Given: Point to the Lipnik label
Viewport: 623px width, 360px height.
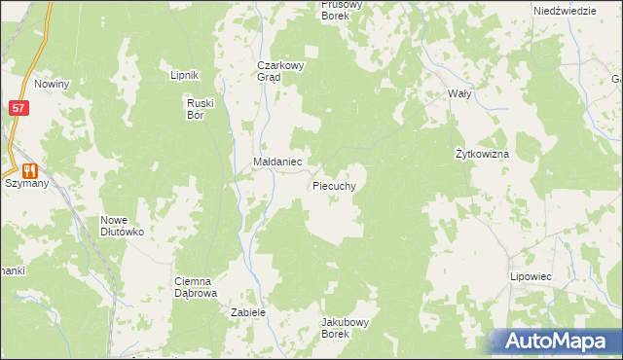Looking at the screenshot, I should pyautogui.click(x=184, y=75).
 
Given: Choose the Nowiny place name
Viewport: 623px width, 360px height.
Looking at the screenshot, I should pyautogui.click(x=51, y=85).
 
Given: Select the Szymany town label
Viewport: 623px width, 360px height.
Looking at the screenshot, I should pyautogui.click(x=26, y=183).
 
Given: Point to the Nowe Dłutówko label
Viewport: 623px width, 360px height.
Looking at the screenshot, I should pyautogui.click(x=122, y=227).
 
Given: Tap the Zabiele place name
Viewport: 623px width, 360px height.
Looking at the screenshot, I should pyautogui.click(x=247, y=312).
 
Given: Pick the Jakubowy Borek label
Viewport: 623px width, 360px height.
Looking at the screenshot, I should pyautogui.click(x=348, y=327).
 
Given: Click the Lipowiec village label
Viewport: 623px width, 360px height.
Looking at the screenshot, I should pyautogui.click(x=531, y=277).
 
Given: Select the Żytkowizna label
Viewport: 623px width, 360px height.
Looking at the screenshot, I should pyautogui.click(x=483, y=155).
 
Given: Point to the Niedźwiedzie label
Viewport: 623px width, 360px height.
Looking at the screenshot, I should pyautogui.click(x=565, y=10).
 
